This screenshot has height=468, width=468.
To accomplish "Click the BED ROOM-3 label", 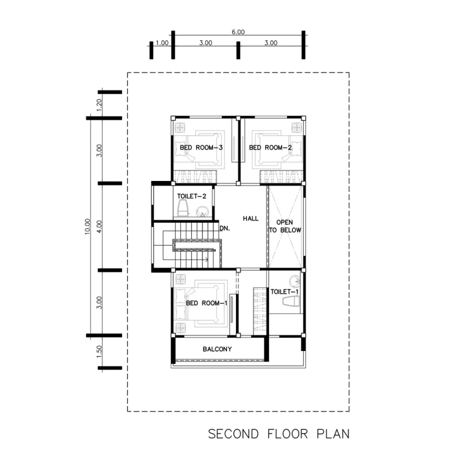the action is [201, 148].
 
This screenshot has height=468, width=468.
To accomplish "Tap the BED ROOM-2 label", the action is [271, 148].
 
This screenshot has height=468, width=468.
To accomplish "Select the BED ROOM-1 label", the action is [207, 303].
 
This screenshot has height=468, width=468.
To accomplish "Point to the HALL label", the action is [251, 218].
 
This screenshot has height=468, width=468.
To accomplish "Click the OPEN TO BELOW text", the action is [285, 226].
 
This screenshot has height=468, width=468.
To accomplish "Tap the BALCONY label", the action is [217, 349].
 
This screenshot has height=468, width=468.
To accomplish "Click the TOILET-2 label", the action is [191, 196].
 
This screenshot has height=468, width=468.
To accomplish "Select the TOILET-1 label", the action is [284, 292].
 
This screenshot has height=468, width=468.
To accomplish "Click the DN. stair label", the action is [225, 229].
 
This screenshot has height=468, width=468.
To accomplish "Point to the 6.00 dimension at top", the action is [238, 32].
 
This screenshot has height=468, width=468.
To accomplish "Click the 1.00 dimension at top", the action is [162, 43].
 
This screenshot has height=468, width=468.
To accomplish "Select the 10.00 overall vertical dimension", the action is [87, 227].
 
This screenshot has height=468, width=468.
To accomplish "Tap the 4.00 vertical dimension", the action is [99, 227].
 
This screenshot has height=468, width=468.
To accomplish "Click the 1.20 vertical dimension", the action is [99, 105].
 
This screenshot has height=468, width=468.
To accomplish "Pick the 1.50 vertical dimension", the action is [99, 351].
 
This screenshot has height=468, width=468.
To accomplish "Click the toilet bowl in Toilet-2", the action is [183, 208].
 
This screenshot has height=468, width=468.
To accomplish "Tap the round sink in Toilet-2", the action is [202, 211].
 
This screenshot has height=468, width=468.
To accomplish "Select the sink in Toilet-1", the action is [295, 281].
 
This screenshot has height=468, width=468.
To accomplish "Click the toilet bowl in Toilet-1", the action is [291, 301].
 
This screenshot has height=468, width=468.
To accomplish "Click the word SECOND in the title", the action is [234, 434].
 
